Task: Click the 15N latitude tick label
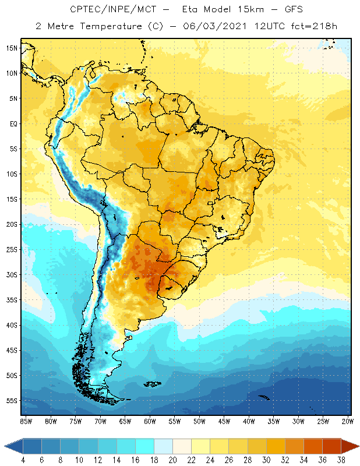pyautogui.click(x=10, y=48)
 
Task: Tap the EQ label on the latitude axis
pyautogui.click(x=12, y=123)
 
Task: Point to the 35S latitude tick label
pyautogui.click(x=10, y=300)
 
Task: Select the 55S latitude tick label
pyautogui.click(x=10, y=401)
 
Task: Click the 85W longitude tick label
pyautogui.click(x=26, y=421)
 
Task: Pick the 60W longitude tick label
pyautogui.click(x=150, y=421)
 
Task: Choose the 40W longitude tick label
pyautogui.click(x=249, y=421)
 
